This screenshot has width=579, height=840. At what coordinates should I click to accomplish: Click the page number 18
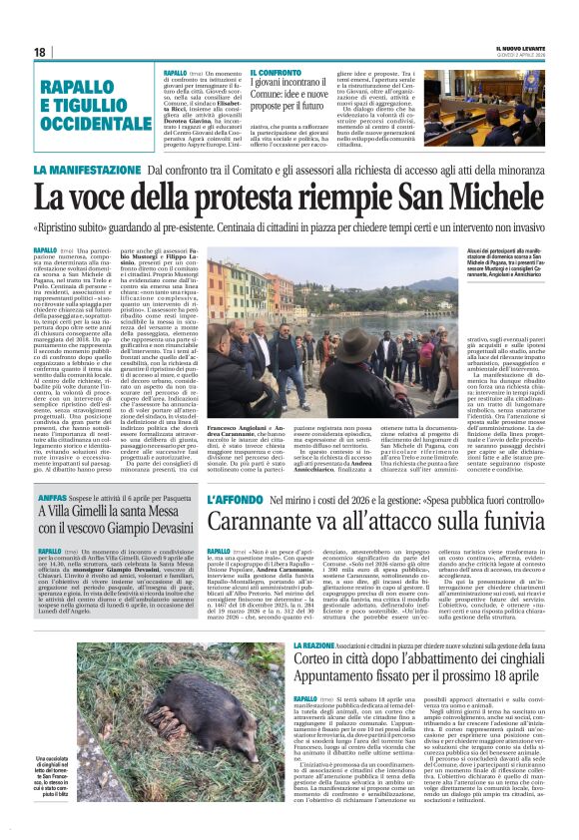[x=39, y=52]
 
